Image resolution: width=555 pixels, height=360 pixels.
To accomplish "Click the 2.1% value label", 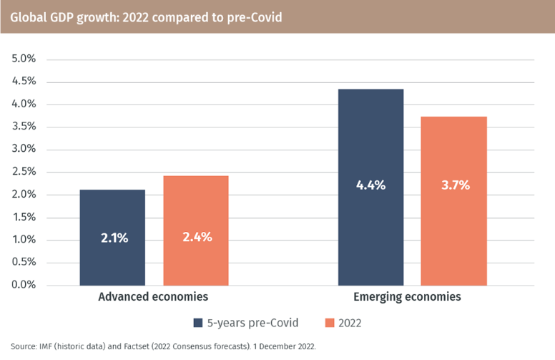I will click(113, 238).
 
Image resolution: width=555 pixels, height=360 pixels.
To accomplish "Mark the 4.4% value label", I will click(370, 185).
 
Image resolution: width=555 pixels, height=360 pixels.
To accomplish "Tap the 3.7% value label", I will click(453, 185).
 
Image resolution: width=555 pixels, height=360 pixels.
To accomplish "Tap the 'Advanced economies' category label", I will click(153, 296).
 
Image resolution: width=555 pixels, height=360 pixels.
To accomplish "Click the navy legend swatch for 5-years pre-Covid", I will click(197, 323).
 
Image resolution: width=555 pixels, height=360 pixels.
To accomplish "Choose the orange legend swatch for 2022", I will click(329, 323).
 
